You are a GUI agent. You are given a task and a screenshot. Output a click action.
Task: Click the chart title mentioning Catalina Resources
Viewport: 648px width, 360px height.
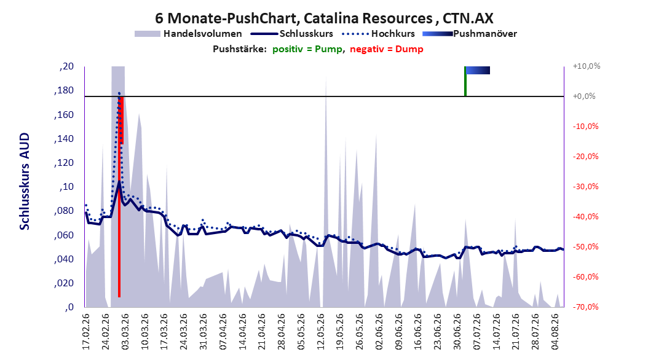(x=324, y=18)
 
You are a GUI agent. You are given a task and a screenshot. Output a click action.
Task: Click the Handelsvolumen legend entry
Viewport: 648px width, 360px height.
(x=189, y=34)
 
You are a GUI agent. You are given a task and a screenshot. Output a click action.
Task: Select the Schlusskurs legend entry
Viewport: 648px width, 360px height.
(x=292, y=34)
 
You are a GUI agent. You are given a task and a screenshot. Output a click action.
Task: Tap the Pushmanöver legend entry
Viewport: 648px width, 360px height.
(x=470, y=34)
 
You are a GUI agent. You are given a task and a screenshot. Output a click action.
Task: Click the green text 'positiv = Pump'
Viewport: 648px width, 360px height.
(x=307, y=49)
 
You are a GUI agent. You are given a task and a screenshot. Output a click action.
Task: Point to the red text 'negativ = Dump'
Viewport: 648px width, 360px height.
(x=387, y=49)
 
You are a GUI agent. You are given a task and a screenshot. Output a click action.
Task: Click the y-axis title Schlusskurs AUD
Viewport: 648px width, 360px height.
(x=25, y=182)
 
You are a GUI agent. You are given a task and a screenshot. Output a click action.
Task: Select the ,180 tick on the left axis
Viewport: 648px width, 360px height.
(x=64, y=90)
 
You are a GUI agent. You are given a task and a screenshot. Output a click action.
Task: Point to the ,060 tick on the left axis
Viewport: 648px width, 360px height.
(x=64, y=235)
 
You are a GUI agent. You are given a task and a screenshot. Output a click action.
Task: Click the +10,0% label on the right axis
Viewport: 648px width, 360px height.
(x=587, y=66)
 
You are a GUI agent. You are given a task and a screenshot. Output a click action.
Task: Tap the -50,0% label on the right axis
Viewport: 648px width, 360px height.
(x=585, y=247)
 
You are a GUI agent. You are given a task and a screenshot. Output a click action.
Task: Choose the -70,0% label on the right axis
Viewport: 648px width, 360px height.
(x=585, y=307)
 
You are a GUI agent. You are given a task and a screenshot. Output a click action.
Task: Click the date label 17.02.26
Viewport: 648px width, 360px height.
(x=86, y=332)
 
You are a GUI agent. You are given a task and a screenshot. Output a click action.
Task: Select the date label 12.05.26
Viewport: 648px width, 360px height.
(x=321, y=332)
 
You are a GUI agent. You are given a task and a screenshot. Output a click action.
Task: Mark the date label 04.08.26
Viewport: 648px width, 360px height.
(x=555, y=332)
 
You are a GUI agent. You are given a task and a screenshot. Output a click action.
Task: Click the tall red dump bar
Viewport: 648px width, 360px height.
(x=119, y=197)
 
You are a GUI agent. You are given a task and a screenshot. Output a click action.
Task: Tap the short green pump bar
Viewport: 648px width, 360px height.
(x=465, y=81)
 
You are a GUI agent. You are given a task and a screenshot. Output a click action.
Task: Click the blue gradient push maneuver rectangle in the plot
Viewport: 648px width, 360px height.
(x=478, y=70)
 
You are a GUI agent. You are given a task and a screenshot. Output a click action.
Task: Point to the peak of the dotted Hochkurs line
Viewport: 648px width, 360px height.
(x=119, y=93)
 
